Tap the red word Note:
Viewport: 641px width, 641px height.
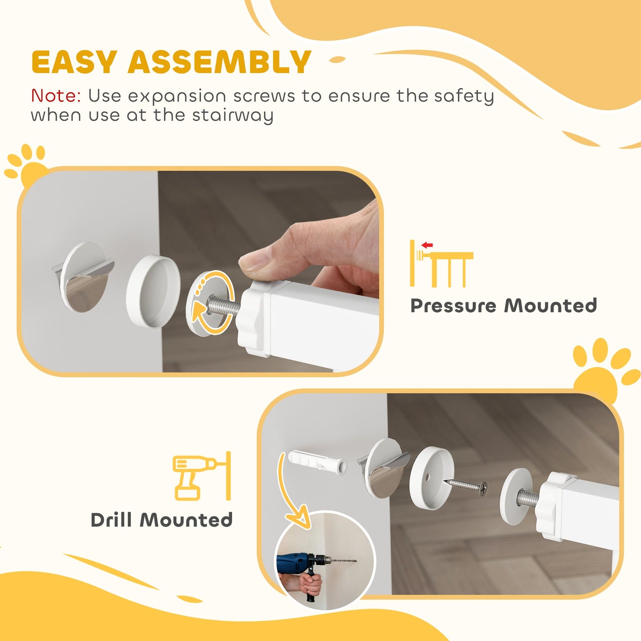click(x=56, y=95)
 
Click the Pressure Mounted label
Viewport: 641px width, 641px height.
click(x=503, y=306)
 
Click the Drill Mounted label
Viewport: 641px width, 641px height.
click(x=161, y=520)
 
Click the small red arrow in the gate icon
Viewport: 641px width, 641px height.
click(x=427, y=245)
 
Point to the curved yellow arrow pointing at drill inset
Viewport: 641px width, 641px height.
click(x=288, y=492)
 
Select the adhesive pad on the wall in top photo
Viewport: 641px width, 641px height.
click(x=84, y=277)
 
